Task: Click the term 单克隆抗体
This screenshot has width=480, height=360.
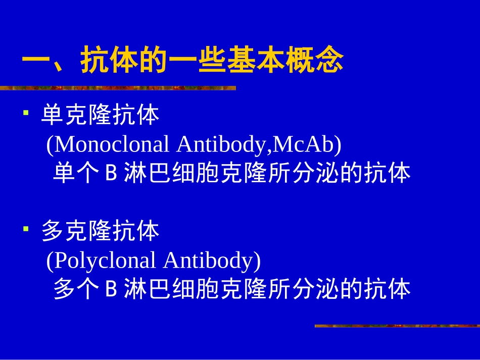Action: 101,116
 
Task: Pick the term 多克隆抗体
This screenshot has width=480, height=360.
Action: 101,231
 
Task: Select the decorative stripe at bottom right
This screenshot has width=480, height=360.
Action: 397,326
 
